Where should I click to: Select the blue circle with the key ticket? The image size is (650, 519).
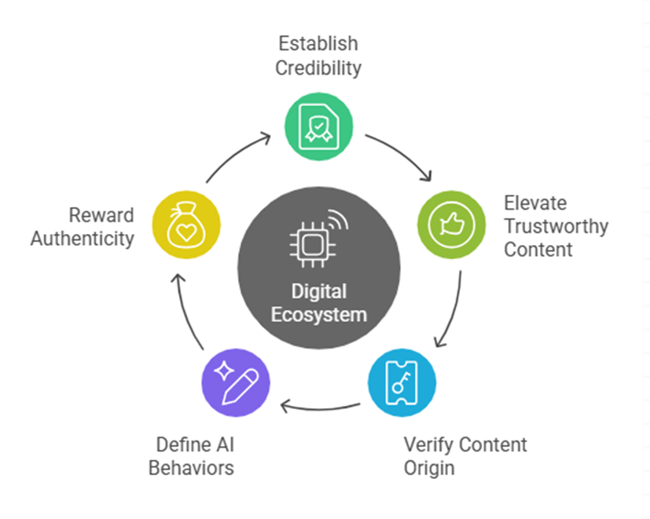coord(402,382)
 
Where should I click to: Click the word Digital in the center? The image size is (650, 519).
coord(318,292)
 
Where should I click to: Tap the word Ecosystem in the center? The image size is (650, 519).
coord(318,315)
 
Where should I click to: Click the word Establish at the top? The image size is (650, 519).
coord(318,43)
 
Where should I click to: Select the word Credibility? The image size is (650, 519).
coord(318,68)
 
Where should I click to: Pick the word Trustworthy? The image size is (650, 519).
coord(556,227)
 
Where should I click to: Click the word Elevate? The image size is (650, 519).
coord(535,203)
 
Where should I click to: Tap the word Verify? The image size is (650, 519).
coord(429,444)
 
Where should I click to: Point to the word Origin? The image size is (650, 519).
coord(429,468)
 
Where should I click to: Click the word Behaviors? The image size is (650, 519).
coord(192,468)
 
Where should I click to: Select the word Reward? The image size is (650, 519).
coord(101,215)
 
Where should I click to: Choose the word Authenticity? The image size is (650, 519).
coord(83,239)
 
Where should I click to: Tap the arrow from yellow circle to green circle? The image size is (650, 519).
coord(236,157)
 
